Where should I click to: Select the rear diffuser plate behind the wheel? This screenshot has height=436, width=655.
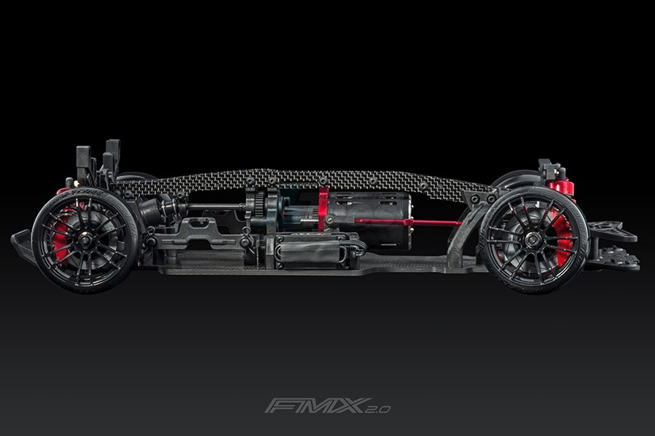coord(613,247)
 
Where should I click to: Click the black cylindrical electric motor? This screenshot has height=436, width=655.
coord(368,221)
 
